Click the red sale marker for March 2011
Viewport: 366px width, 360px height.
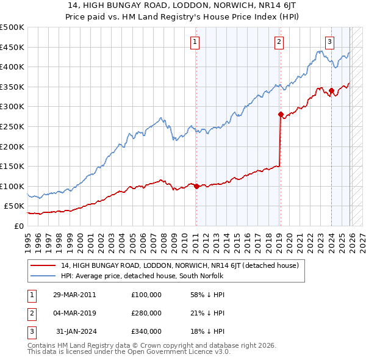pyautogui.click(x=196, y=187)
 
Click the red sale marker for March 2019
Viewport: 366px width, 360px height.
pyautogui.click(x=281, y=114)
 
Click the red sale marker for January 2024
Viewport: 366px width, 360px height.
pyautogui.click(x=331, y=90)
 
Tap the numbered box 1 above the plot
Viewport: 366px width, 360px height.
pyautogui.click(x=195, y=42)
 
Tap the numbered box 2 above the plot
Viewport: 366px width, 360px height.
pyautogui.click(x=279, y=42)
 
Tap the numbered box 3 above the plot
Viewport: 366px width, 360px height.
pyautogui.click(x=329, y=42)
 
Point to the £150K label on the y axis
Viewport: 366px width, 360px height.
pyautogui.click(x=12, y=166)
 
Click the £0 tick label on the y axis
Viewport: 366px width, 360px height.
pyautogui.click(x=18, y=226)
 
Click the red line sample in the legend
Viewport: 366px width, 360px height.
pyautogui.click(x=43, y=265)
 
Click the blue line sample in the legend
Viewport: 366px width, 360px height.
pyautogui.click(x=43, y=276)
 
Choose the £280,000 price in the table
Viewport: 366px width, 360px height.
pyautogui.click(x=146, y=313)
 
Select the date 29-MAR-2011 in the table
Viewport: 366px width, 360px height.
pyautogui.click(x=74, y=295)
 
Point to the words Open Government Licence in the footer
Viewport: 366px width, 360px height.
pyautogui.click(x=178, y=352)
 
